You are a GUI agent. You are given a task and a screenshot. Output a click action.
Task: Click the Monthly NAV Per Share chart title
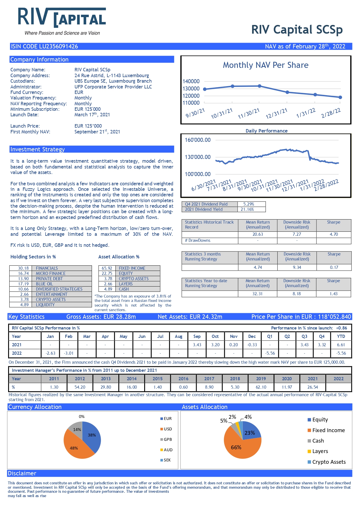(x=265, y=65)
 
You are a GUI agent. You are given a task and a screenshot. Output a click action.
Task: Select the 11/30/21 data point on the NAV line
(x=259, y=86)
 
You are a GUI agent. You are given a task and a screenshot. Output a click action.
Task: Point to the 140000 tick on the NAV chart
(x=191, y=81)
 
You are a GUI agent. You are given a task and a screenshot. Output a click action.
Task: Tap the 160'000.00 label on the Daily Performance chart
(x=198, y=140)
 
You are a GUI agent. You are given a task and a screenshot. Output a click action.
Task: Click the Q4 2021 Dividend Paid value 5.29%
(x=249, y=204)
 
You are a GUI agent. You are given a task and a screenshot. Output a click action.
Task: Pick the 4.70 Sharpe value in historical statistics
(x=334, y=234)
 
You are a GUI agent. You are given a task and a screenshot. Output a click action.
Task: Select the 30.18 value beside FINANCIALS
(x=23, y=268)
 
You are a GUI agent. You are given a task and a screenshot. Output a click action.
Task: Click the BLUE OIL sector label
(x=44, y=284)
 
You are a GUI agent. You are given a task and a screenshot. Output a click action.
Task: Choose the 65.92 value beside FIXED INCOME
(x=107, y=268)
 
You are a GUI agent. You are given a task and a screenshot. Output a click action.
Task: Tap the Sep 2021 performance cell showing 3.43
(x=197, y=345)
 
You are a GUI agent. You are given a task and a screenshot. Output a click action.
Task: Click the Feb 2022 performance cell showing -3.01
(x=68, y=353)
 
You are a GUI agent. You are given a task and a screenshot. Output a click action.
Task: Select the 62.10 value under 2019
(x=261, y=387)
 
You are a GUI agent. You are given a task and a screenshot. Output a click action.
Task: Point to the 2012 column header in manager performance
(x=80, y=379)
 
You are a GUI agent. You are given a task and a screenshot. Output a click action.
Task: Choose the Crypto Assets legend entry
(x=327, y=462)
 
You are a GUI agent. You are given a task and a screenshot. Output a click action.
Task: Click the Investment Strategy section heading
(x=37, y=149)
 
